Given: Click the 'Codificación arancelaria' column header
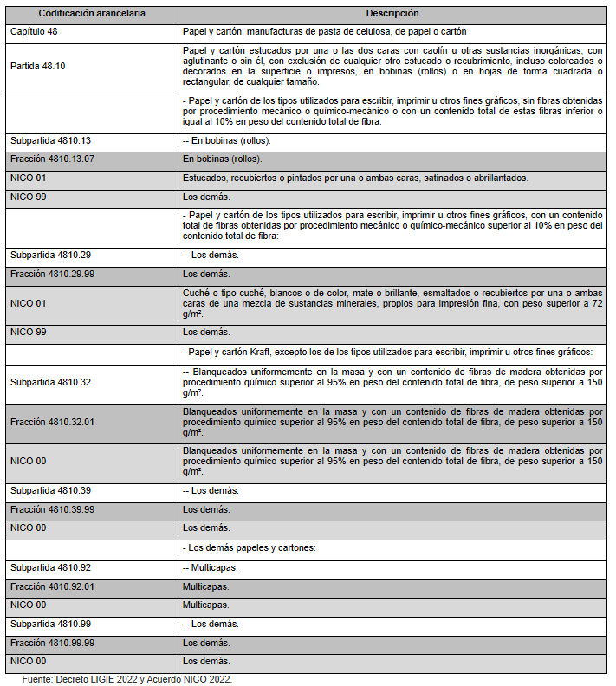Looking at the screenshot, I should pos(93,14).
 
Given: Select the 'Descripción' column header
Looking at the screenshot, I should pos(393,14).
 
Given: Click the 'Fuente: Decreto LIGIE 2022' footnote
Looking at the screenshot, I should pos(126,678).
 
